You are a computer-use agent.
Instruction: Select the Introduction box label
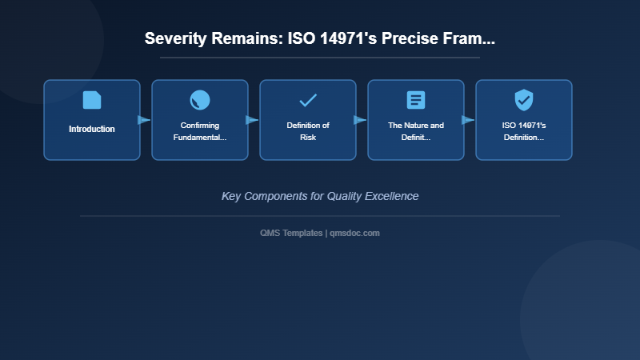[92, 129]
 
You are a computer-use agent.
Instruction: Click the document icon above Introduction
[92, 100]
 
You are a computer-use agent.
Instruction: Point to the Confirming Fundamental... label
[200, 131]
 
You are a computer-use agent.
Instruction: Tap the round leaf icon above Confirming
[200, 100]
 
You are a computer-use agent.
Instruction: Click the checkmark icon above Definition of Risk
[308, 100]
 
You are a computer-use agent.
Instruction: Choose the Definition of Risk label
[308, 131]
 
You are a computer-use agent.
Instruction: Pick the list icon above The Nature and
[416, 100]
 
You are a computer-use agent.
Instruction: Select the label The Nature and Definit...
[416, 131]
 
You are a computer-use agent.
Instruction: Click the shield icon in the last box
[524, 100]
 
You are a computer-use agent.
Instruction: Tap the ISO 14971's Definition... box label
[524, 131]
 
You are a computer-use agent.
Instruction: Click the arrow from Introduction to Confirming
[144, 120]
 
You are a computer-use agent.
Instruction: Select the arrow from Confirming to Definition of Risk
[252, 120]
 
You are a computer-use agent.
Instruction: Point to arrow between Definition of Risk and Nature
[360, 120]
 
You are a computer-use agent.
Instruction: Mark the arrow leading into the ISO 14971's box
[468, 120]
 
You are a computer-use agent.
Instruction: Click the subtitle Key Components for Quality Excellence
[320, 196]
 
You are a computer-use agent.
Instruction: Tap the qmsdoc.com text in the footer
[354, 233]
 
